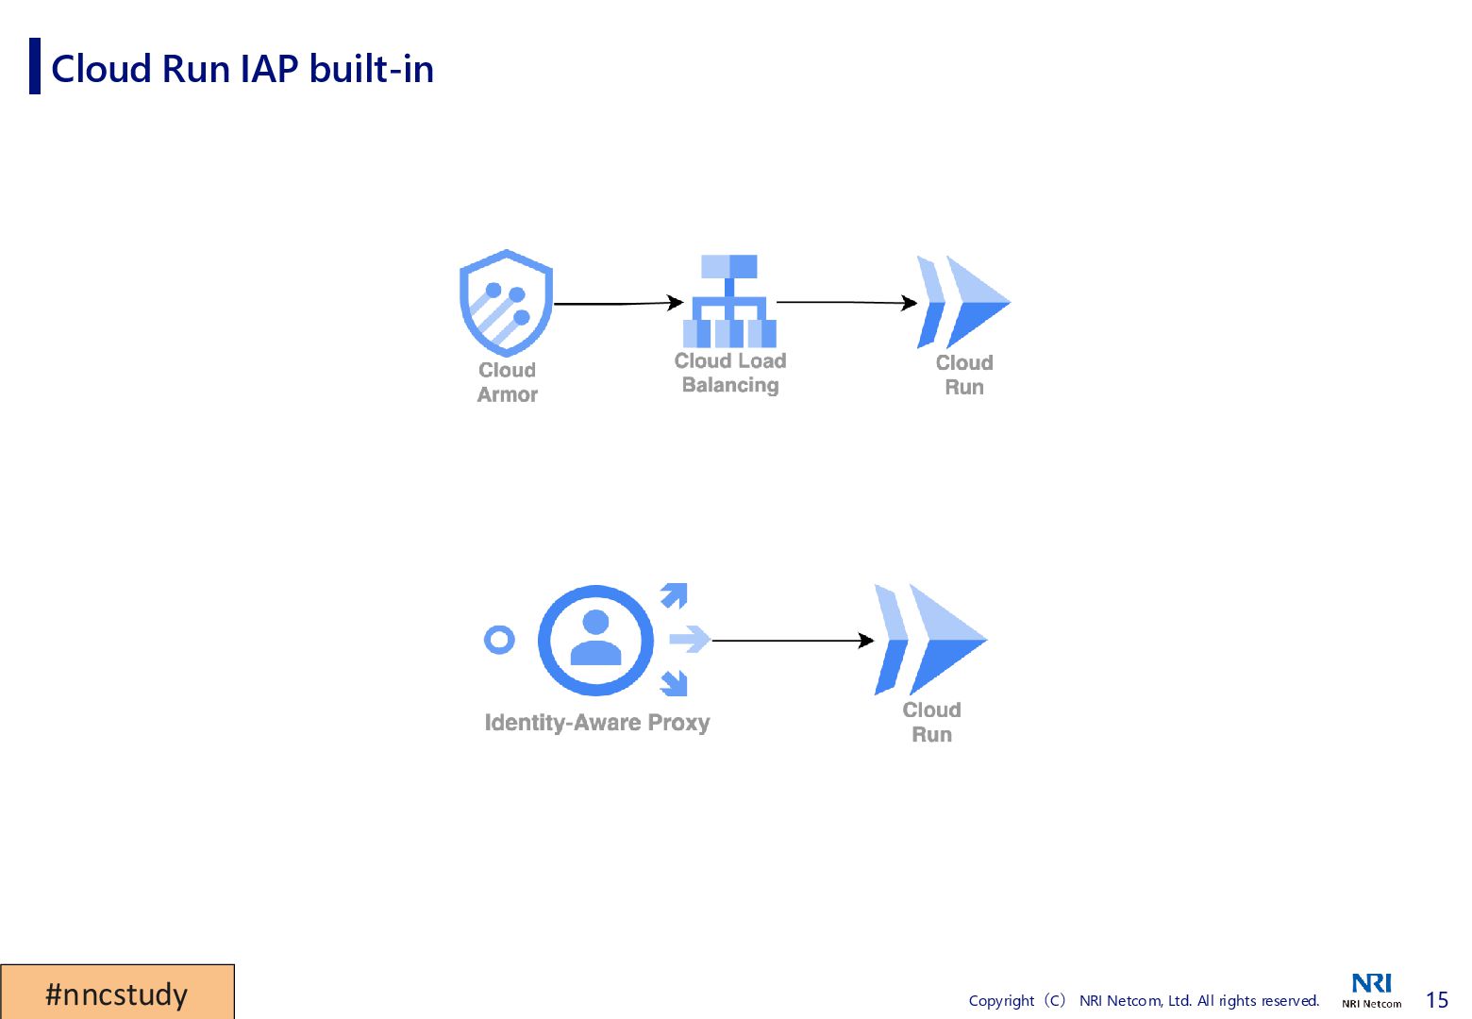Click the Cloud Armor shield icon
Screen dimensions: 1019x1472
[x=506, y=302]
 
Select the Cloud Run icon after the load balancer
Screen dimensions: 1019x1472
[x=963, y=302]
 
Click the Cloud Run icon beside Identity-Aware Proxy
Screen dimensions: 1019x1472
[x=930, y=640]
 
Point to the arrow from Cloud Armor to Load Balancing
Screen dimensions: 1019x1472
[x=618, y=303]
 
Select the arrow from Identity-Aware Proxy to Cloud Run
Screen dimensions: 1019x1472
[x=793, y=640]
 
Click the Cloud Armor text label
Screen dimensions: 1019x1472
[x=507, y=382]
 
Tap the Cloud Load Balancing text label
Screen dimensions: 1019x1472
[x=730, y=373]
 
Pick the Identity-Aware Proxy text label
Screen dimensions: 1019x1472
[x=596, y=723]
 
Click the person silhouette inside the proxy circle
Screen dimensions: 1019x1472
[x=595, y=639]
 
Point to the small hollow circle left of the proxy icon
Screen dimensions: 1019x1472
[x=499, y=640]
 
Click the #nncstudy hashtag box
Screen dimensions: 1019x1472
[x=117, y=993]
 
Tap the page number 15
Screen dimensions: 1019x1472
[x=1436, y=1000]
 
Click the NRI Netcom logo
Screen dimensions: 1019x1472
[x=1371, y=990]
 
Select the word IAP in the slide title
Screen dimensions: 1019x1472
[x=269, y=69]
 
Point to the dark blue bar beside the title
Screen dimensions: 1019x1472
[x=35, y=66]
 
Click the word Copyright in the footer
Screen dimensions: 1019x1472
[x=1001, y=1001]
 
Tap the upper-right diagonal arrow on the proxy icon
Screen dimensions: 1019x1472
[x=675, y=594]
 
